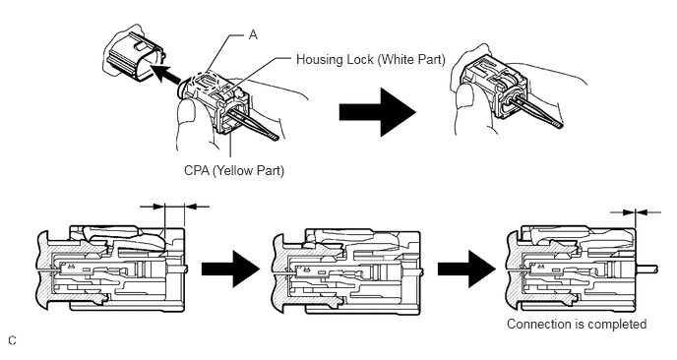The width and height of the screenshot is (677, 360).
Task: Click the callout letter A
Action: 253,35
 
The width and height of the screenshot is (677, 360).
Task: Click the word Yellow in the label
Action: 232,171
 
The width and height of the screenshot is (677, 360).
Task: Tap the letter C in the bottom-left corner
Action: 12,340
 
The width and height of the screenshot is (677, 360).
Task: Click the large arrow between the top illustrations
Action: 377,112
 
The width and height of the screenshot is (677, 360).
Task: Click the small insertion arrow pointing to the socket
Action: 165,74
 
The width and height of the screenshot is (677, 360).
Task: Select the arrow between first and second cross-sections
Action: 231,269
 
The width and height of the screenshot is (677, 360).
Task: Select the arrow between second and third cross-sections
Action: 466,269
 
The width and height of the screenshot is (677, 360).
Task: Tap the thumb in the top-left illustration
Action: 187,122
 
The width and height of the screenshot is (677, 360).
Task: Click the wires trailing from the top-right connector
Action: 536,111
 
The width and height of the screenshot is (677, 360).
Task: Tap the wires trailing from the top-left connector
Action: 255,124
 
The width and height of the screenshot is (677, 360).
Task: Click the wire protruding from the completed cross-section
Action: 646,269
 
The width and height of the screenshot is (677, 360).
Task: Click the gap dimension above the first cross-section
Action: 175,207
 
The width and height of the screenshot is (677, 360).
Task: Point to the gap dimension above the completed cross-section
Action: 636,211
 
